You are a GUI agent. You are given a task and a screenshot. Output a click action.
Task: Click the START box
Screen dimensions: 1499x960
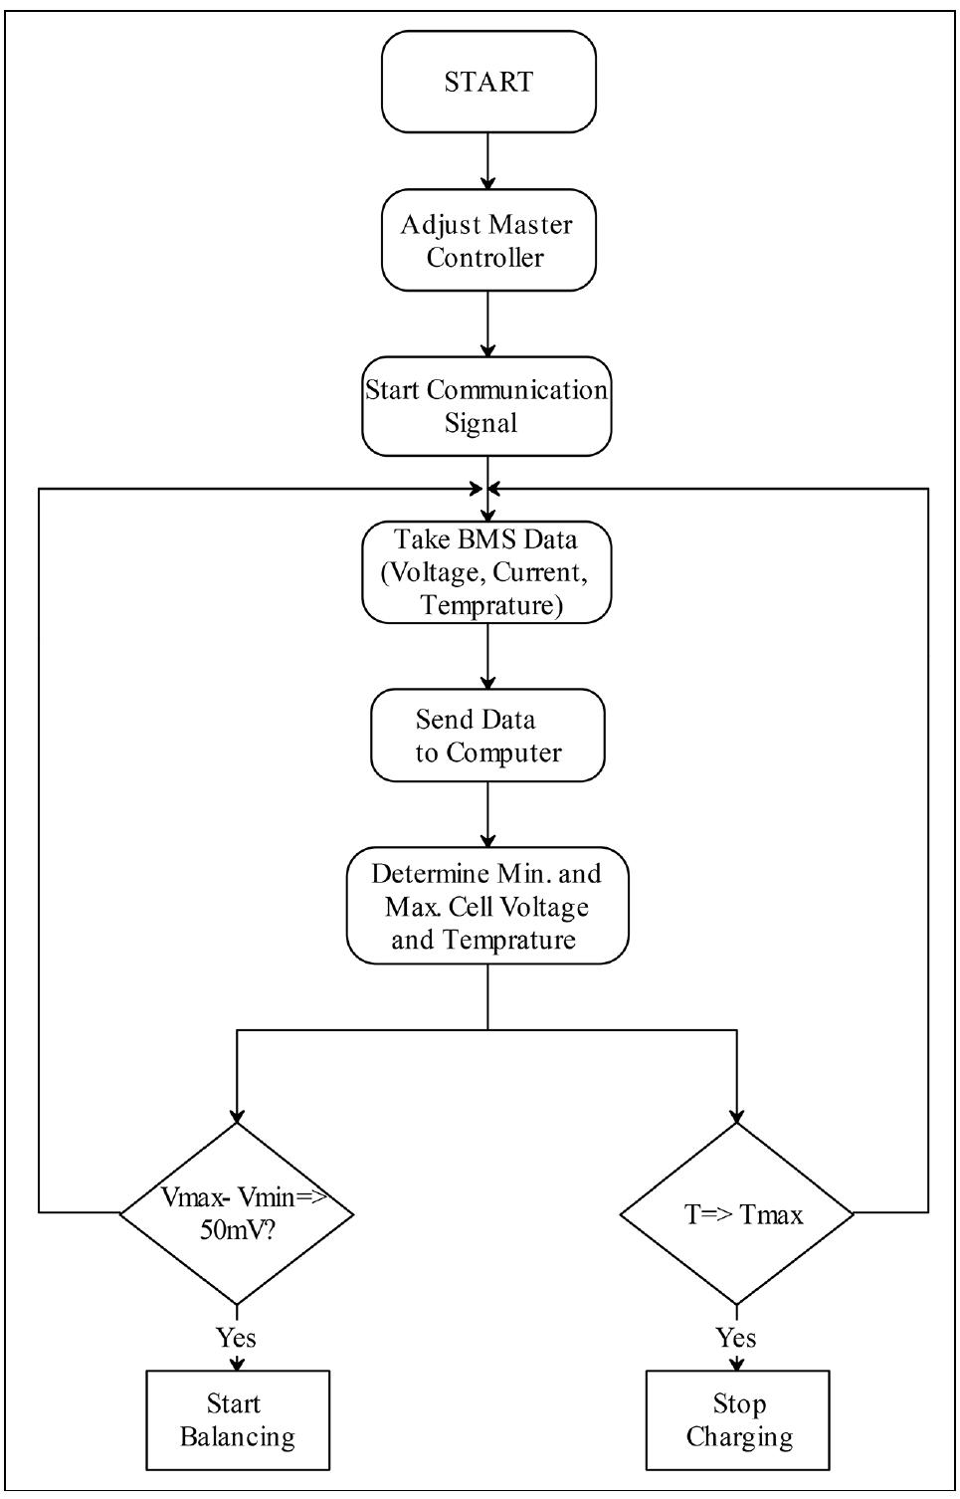click(x=488, y=82)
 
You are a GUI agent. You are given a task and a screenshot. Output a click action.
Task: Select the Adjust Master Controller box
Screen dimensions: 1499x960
click(x=487, y=241)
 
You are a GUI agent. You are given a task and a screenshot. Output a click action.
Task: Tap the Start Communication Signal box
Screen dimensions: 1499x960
click(x=485, y=406)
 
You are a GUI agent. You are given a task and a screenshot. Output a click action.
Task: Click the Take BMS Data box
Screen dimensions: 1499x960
click(x=485, y=572)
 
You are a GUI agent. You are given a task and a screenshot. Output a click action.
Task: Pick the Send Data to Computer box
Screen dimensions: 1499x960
click(x=487, y=736)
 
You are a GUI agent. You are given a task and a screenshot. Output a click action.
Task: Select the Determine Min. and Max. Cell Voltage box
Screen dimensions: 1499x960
click(x=487, y=906)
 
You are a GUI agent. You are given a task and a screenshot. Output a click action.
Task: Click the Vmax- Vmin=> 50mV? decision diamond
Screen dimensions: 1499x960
click(x=237, y=1213)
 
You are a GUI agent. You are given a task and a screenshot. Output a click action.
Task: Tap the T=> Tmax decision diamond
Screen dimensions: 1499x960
click(x=737, y=1213)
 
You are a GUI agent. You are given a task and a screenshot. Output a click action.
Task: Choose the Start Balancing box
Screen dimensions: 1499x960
click(x=238, y=1420)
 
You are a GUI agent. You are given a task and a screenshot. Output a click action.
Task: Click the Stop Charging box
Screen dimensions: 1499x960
click(x=738, y=1420)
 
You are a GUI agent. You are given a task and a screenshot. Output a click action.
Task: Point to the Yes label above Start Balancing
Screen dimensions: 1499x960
click(x=236, y=1337)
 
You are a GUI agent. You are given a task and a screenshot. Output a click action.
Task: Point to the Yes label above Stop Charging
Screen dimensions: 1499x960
click(x=736, y=1337)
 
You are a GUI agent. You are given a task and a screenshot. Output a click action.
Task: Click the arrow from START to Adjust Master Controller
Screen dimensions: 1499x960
click(x=487, y=161)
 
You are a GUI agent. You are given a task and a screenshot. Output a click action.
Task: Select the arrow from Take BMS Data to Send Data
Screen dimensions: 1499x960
click(x=487, y=657)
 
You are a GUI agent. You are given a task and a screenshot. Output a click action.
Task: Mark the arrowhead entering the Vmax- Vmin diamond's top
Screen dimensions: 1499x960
click(x=237, y=1115)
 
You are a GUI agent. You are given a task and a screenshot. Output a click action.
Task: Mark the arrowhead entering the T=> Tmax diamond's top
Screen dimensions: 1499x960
click(x=737, y=1115)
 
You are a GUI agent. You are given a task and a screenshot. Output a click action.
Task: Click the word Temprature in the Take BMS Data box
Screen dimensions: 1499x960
click(x=488, y=605)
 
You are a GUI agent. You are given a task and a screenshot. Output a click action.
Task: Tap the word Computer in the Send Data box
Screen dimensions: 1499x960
click(x=503, y=752)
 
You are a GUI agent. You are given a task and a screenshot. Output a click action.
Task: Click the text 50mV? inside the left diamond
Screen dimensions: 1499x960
click(x=238, y=1229)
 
